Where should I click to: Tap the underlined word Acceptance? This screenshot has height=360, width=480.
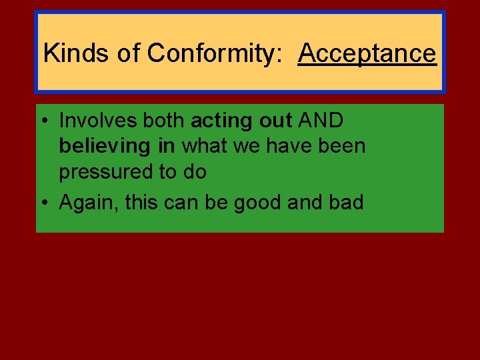point(367,53)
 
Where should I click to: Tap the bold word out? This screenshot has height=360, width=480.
point(271,121)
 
